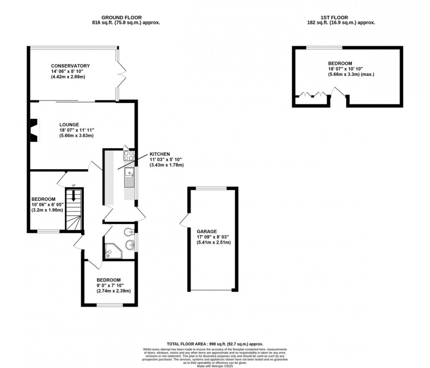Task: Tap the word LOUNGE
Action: tap(69, 125)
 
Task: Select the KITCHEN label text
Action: tap(160, 154)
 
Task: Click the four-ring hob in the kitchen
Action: tap(129, 155)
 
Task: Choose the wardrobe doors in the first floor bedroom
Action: tap(312, 94)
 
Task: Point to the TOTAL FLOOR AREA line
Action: tap(215, 344)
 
